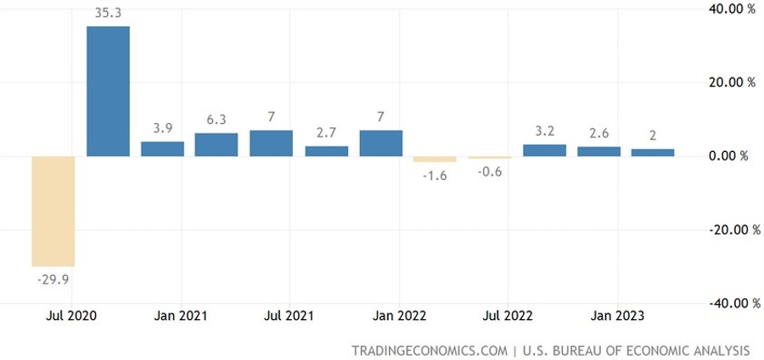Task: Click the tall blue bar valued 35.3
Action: [108, 91]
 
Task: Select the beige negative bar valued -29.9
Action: [53, 211]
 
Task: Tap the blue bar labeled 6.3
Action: [216, 144]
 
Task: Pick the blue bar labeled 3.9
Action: [162, 149]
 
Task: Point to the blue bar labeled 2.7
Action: [327, 151]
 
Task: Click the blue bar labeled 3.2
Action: [544, 150]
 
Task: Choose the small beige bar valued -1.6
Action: [435, 159]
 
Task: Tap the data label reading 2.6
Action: [598, 132]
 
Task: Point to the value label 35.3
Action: [108, 12]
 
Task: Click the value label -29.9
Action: [53, 278]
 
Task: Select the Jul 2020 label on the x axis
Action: [70, 316]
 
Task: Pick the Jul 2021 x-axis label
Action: [289, 316]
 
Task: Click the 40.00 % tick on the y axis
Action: [727, 9]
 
